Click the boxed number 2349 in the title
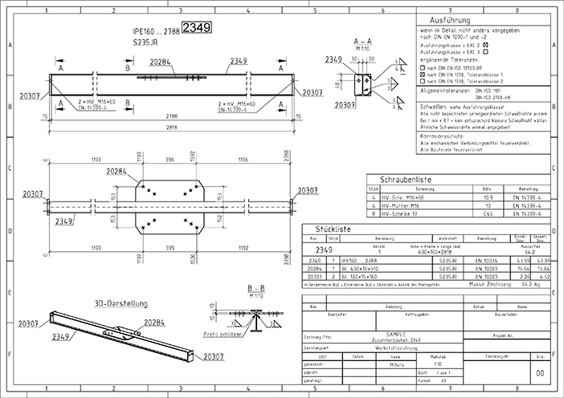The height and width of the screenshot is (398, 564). coord(197,28)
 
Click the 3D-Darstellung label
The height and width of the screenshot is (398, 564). coord(118,304)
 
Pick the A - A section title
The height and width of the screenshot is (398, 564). coord(361,39)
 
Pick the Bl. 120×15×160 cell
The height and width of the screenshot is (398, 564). coord(365,275)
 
